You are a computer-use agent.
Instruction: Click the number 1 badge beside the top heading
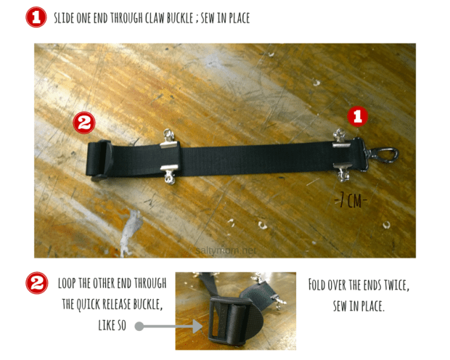(36, 17)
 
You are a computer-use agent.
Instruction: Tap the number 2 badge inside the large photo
(84, 123)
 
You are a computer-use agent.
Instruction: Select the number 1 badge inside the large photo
(357, 115)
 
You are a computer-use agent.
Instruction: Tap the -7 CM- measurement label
(350, 200)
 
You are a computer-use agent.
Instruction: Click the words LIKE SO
(110, 327)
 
